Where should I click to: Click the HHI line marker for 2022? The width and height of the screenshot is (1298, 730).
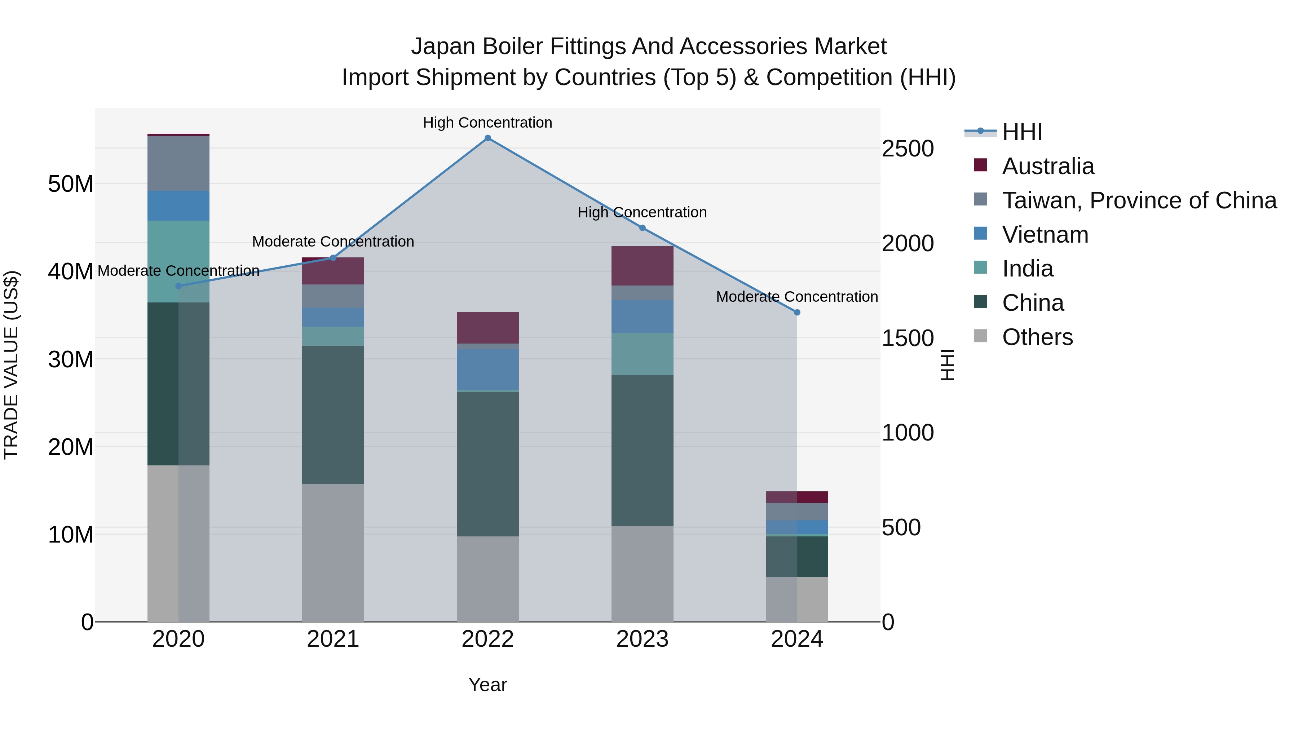click(487, 138)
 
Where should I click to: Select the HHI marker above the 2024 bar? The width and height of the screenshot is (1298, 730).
click(796, 312)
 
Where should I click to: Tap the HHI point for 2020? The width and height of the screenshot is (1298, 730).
click(178, 286)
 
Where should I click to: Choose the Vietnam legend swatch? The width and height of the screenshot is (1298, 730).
click(981, 234)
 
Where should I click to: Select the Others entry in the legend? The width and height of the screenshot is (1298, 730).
click(1037, 337)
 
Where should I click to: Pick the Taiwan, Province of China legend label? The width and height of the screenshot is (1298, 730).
click(1139, 200)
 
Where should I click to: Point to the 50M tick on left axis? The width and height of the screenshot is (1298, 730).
click(71, 184)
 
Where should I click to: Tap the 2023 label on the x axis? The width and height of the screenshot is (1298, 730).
click(642, 639)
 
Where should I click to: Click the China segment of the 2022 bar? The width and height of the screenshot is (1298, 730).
click(487, 464)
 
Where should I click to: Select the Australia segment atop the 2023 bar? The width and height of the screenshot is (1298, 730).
click(642, 266)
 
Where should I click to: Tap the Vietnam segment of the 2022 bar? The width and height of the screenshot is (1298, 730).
click(487, 369)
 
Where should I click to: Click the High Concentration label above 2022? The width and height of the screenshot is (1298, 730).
click(487, 123)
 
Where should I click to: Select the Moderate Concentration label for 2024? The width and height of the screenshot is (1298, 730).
click(796, 297)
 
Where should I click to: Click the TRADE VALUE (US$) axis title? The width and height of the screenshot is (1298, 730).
click(11, 365)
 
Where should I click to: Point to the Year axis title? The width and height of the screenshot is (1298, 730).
click(487, 685)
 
